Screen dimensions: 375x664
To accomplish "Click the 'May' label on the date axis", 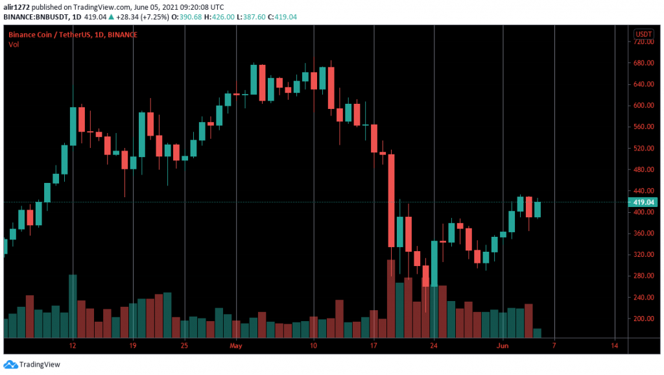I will tap(235, 345).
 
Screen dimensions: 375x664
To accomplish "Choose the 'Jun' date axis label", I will tap(503, 345).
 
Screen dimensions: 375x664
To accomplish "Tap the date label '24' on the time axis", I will tap(434, 345).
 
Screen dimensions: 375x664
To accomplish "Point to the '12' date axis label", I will tap(73, 345).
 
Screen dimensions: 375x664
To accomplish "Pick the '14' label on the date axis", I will tap(614, 345).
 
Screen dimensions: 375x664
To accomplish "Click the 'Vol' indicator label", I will tap(13, 44).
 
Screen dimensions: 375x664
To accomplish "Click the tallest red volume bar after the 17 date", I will tap(391, 298).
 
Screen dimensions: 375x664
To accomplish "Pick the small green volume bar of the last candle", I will tap(537, 333).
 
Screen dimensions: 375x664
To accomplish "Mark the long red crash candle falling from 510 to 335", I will tap(391, 200).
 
